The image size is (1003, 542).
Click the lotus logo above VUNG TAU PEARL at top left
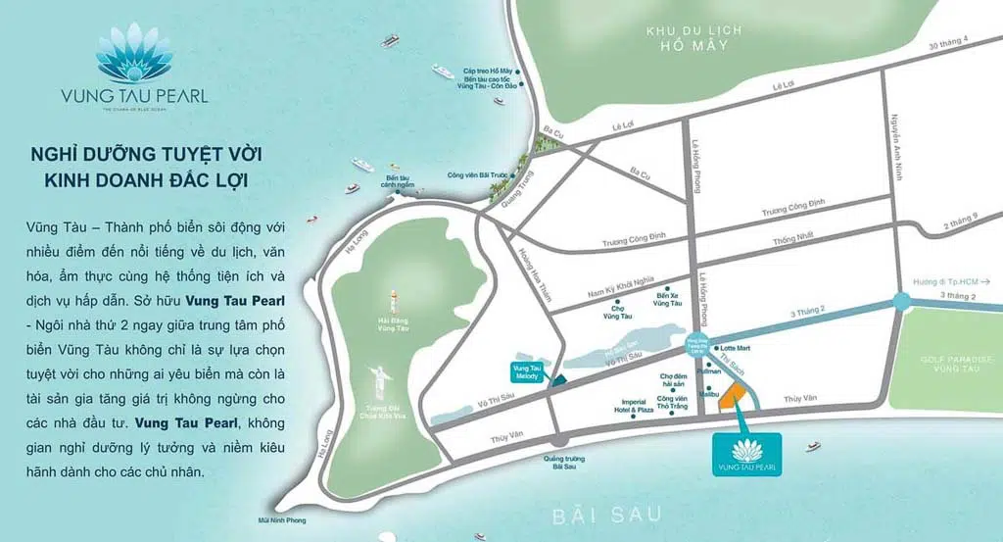(x=134, y=55)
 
